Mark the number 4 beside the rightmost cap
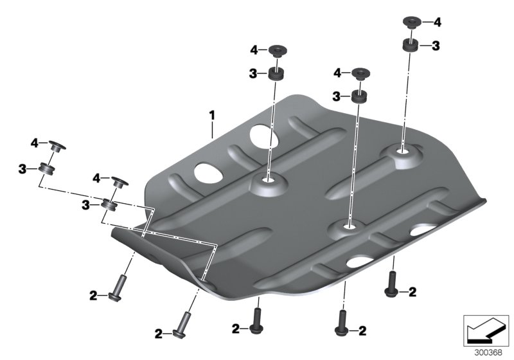(437, 22)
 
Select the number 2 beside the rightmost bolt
(412, 292)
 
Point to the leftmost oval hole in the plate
(207, 172)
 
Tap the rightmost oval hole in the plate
(425, 228)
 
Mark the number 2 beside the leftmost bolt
(93, 296)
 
